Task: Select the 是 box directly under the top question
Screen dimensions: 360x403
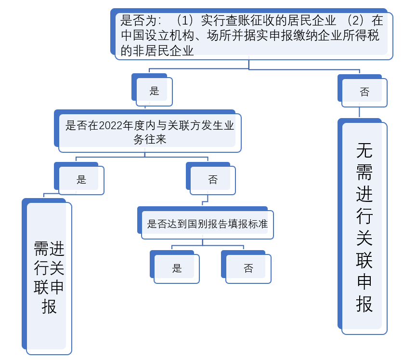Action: (154, 91)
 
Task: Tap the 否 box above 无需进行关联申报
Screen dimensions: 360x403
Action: (364, 92)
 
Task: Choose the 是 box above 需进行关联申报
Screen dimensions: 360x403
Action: (81, 180)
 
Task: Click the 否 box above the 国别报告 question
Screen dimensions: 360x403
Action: (213, 180)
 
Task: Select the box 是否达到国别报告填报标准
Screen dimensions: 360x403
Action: (207, 224)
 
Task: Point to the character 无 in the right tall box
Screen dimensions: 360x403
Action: (364, 151)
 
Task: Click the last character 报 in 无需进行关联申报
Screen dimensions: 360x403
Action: (364, 304)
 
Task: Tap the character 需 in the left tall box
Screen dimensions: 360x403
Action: (41, 249)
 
